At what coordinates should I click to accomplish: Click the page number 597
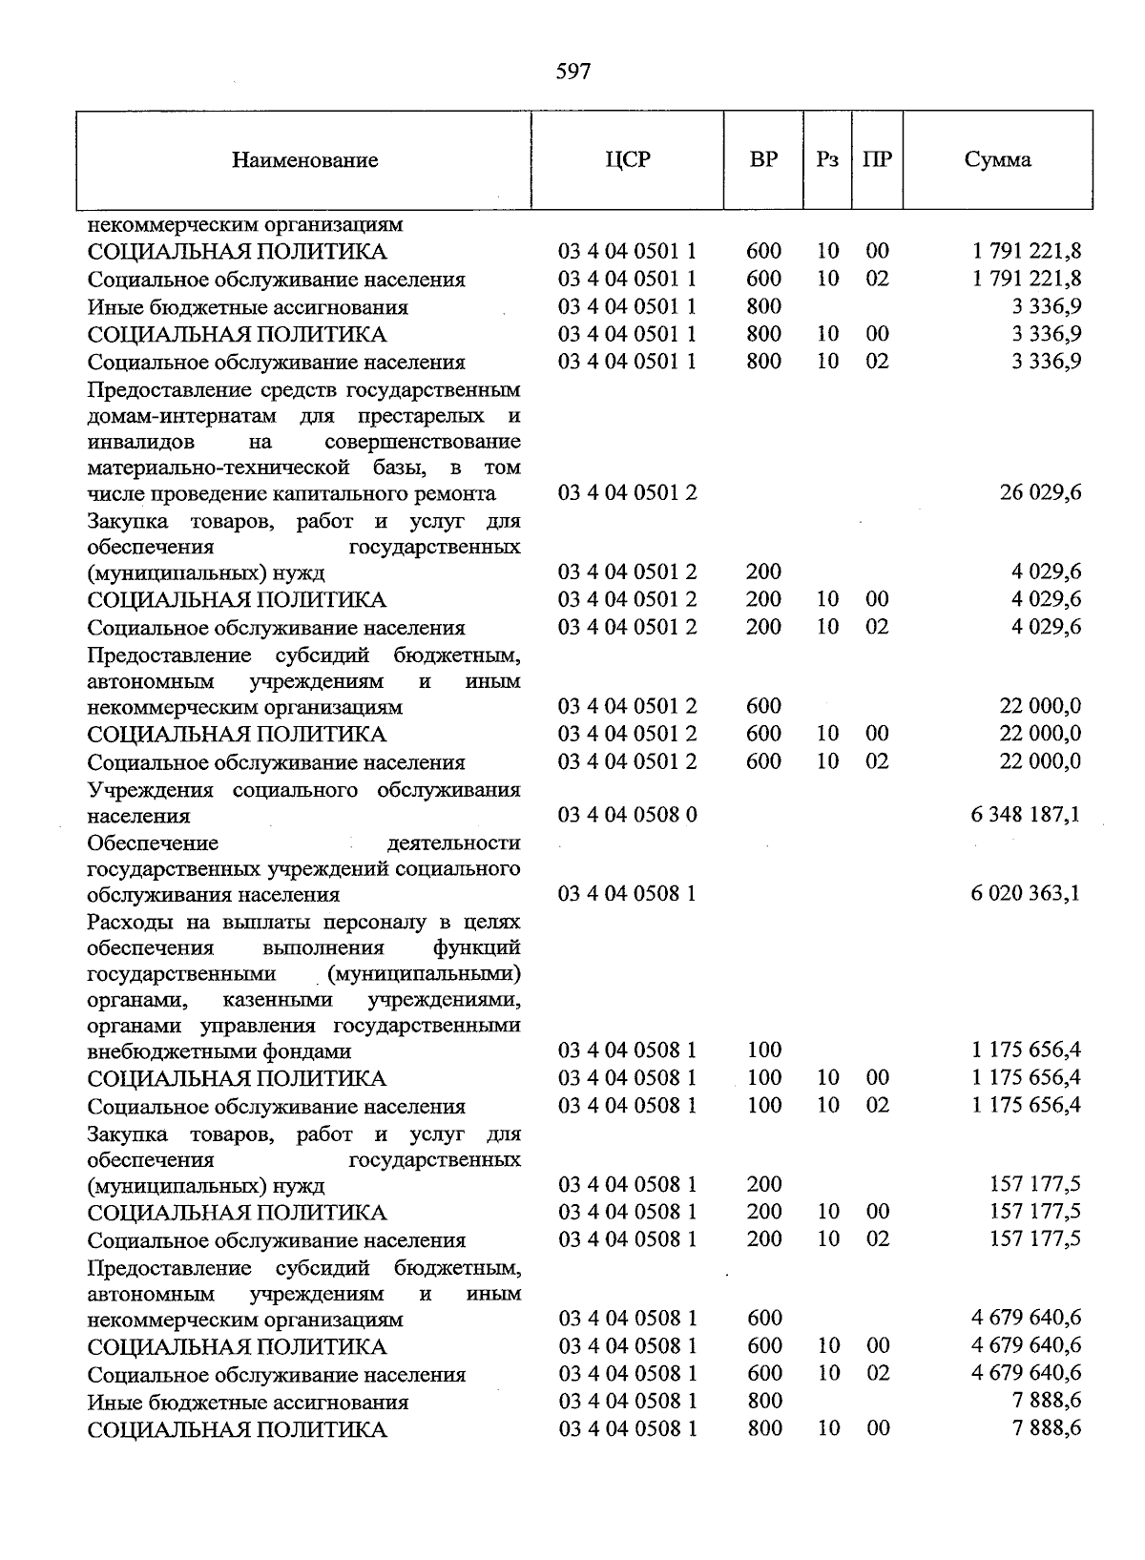pos(572,72)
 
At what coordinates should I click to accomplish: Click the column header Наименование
pos(304,160)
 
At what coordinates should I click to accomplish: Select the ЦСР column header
pos(627,159)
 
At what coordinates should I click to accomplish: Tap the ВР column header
pos(763,159)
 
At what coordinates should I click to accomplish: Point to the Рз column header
pos(827,159)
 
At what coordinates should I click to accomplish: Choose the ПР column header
pos(877,159)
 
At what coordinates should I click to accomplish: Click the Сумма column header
pos(997,159)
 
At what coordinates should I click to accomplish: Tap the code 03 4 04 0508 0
pos(627,816)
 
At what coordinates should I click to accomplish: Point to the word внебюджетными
pos(156,1051)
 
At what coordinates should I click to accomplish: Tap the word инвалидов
pos(140,442)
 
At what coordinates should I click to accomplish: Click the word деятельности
pos(454,843)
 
